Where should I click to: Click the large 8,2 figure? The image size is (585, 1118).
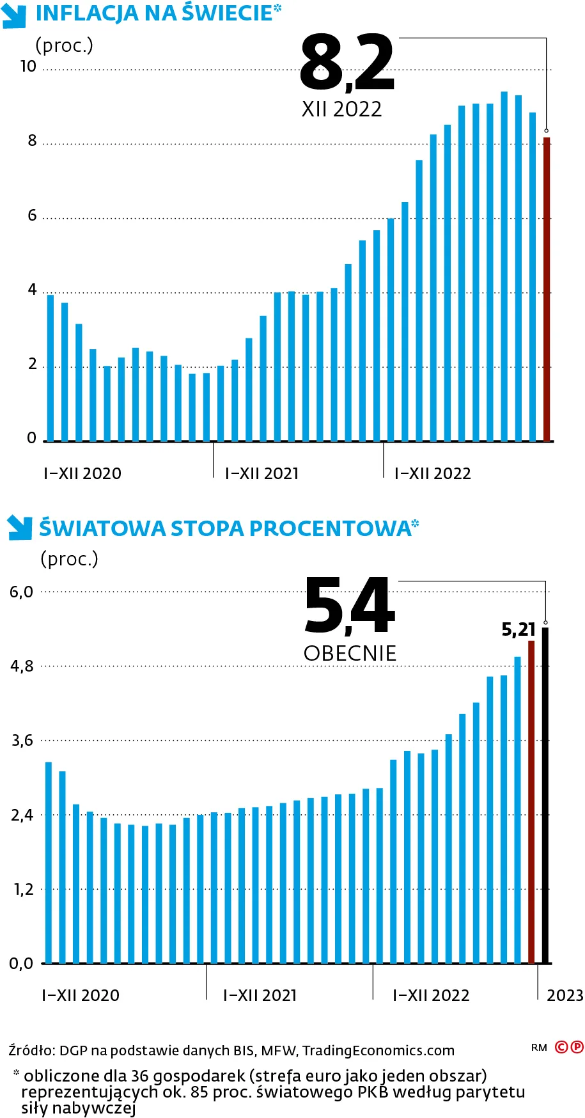point(347,63)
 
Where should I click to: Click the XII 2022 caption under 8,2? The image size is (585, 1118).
point(341,109)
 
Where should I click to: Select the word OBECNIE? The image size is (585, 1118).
point(350,653)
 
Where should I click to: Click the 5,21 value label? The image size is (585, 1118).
point(518,630)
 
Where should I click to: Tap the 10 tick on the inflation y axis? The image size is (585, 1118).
point(28,67)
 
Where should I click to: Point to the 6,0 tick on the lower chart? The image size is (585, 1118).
point(21,592)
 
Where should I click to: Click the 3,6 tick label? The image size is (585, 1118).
point(22,741)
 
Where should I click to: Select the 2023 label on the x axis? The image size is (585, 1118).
point(565,995)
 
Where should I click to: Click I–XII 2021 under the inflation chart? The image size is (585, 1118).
point(262,473)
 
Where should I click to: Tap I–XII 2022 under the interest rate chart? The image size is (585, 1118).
point(431,995)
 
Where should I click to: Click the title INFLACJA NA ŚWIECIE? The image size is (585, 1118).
point(154,13)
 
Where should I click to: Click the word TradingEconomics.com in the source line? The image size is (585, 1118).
point(378,1050)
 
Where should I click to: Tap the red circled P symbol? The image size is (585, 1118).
point(577,1047)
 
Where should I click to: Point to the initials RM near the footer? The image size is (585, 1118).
point(539,1048)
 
